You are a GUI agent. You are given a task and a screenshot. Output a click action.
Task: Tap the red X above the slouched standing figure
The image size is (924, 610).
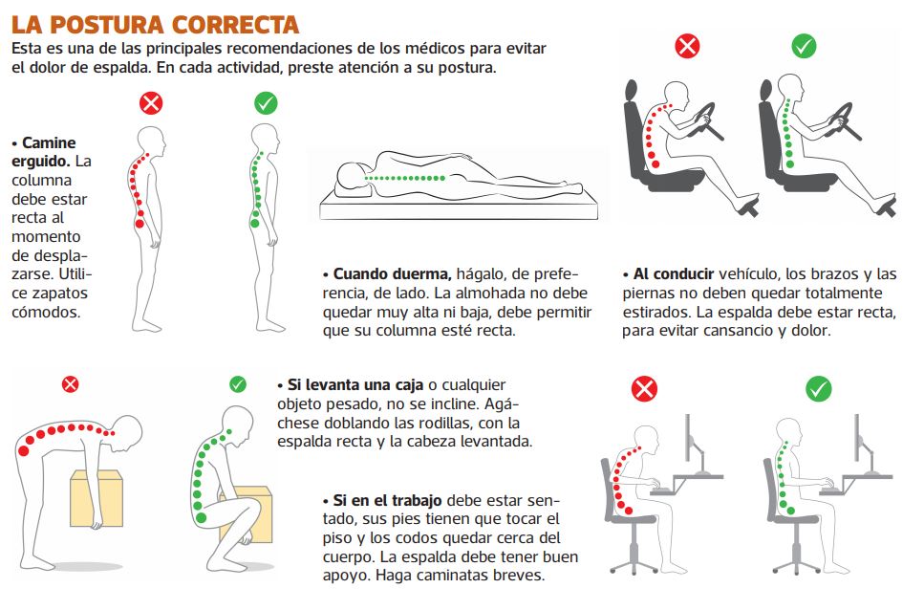point(151,103)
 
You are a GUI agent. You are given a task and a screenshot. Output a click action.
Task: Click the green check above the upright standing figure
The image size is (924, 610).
point(266,103)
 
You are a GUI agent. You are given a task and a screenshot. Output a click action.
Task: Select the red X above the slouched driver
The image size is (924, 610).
point(687,45)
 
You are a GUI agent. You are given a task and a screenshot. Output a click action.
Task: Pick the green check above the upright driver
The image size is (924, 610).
point(804,45)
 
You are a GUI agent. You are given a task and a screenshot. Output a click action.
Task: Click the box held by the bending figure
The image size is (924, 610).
point(97,498)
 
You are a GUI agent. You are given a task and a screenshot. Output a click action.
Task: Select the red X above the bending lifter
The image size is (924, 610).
point(70,384)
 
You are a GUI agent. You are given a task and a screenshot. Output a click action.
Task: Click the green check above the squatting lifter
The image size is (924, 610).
point(238,384)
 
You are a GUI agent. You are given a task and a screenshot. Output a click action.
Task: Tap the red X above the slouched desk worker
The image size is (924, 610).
point(643,389)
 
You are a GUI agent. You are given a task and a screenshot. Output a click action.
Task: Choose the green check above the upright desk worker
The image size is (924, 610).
point(819,389)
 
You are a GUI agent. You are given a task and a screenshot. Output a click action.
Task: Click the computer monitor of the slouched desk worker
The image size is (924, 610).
point(688,438)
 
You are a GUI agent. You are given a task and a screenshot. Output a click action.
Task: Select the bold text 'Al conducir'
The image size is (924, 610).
point(674,274)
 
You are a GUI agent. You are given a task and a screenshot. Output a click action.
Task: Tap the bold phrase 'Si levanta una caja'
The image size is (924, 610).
point(355,385)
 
